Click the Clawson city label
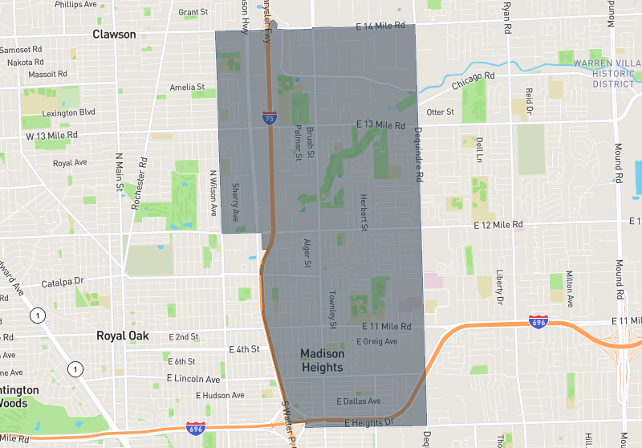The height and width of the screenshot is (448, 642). click(114, 35)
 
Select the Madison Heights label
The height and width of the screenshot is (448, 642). click(322, 360)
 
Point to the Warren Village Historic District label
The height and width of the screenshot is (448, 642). click(603, 73)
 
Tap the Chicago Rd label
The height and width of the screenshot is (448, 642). click(473, 82)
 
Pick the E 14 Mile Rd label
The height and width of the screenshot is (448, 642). click(381, 26)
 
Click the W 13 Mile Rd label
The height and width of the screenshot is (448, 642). click(51, 136)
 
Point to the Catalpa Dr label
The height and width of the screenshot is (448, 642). click(62, 282)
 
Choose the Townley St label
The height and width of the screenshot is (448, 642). click(332, 307)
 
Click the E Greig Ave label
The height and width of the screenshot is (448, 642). click(377, 341)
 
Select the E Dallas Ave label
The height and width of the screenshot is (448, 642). click(359, 401)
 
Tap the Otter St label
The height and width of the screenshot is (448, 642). click(441, 112)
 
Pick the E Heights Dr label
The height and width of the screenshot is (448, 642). click(370, 422)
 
